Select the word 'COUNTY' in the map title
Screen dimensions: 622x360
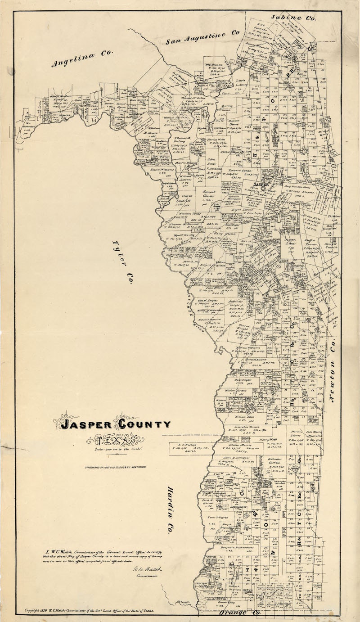pos(145,424)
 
